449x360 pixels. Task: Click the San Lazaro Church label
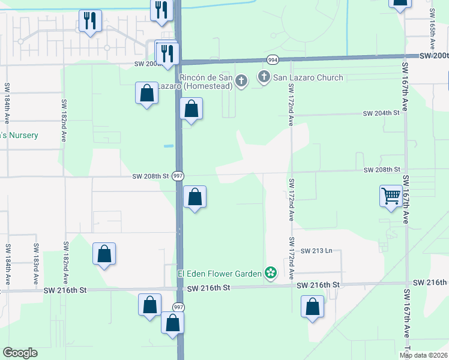[309, 77]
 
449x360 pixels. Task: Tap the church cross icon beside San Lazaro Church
[264, 77]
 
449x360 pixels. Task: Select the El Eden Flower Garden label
[219, 274]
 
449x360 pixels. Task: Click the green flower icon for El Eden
[271, 274]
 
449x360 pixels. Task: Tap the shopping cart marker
[391, 196]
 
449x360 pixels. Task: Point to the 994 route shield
[273, 59]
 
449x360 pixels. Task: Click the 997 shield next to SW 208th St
[178, 176]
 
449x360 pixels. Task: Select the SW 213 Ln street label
[316, 250]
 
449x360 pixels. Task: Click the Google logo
[20, 353]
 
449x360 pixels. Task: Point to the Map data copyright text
[424, 355]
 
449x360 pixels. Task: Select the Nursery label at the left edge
[19, 136]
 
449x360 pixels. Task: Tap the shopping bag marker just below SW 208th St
[194, 197]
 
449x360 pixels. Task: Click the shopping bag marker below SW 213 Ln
[313, 307]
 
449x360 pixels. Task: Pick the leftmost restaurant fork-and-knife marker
[90, 21]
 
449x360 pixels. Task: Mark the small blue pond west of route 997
[169, 146]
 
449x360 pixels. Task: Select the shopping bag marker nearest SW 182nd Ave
[104, 254]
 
